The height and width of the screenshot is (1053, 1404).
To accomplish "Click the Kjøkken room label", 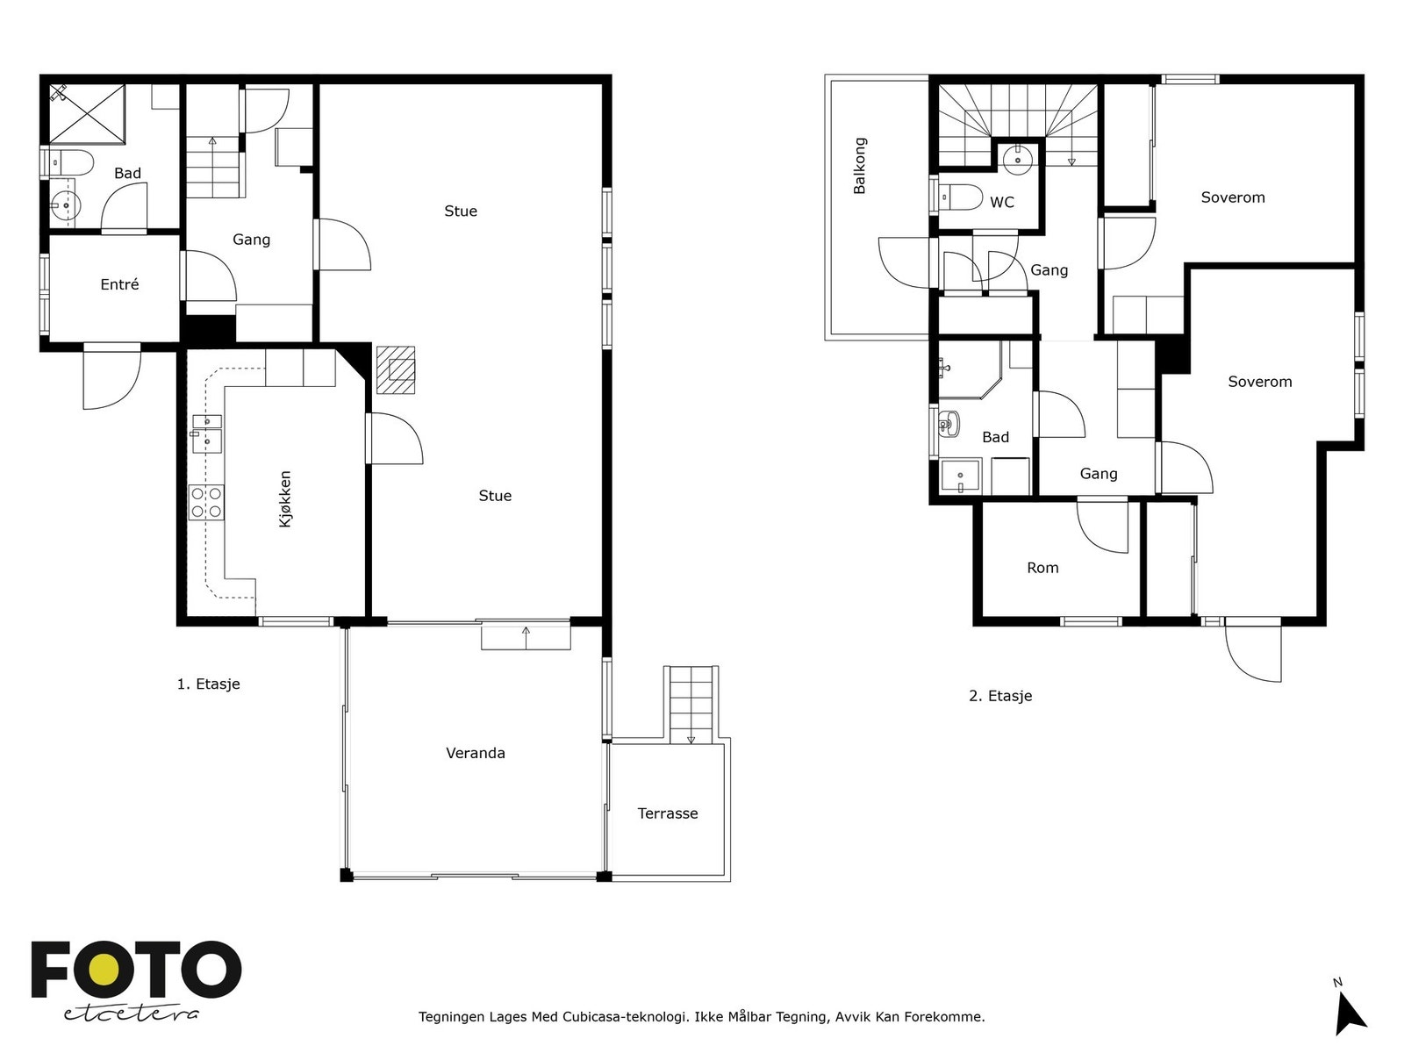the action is click(285, 498).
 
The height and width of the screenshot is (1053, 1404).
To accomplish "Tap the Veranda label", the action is click(476, 753).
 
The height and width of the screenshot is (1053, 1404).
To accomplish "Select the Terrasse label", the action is click(667, 813).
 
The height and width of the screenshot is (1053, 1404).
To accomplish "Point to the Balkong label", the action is click(859, 165).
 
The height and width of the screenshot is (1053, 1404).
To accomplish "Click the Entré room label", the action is click(119, 283).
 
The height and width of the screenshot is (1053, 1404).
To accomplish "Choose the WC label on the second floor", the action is click(1002, 202).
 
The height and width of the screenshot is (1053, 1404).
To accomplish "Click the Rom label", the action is click(1042, 568).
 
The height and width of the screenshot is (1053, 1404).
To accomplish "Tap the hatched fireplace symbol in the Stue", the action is click(395, 369).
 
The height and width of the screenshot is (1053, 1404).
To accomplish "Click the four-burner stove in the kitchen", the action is click(206, 503).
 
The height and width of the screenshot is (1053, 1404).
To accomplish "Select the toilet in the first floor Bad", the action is click(69, 163).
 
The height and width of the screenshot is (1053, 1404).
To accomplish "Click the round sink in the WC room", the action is click(1017, 160).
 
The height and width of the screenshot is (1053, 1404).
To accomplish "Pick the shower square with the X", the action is click(86, 114).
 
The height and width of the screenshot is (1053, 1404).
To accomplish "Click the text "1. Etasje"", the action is click(209, 684).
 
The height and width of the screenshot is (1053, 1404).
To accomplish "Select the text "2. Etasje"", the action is click(1000, 696).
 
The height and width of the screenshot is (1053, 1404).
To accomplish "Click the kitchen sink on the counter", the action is click(207, 434).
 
